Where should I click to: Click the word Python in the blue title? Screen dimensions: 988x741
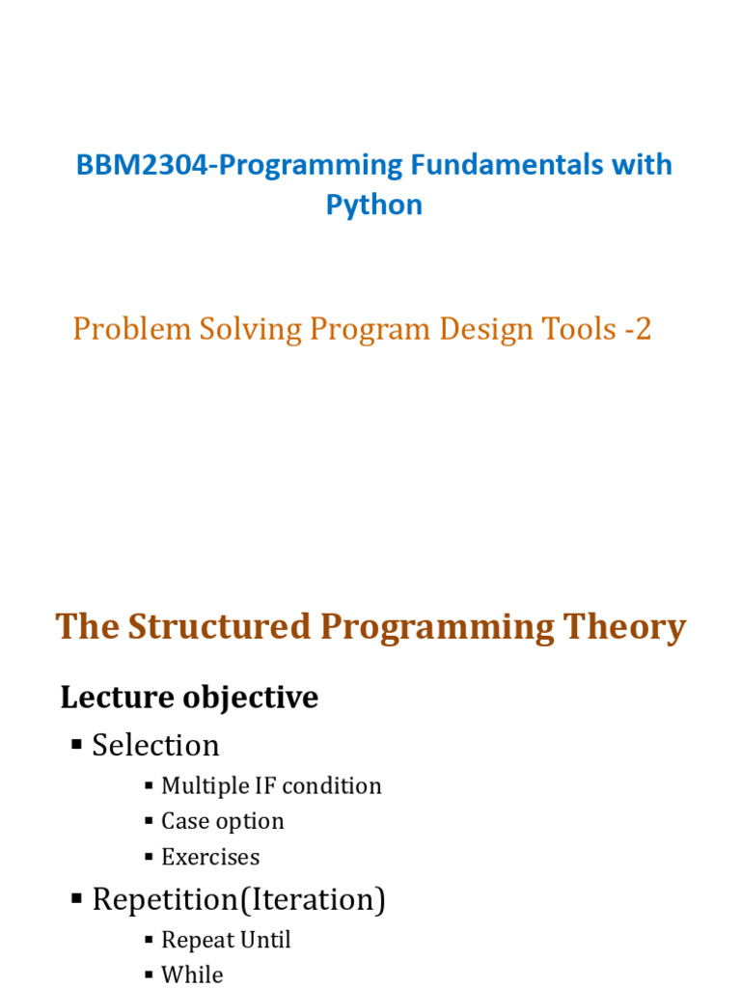tap(373, 205)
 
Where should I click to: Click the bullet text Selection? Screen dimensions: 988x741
tap(155, 746)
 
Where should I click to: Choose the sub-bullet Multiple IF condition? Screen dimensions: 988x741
tap(271, 786)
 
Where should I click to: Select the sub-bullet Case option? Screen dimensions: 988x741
tap(222, 822)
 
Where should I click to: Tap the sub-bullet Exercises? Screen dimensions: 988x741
tap(210, 858)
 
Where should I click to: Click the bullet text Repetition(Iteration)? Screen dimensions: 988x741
tap(238, 900)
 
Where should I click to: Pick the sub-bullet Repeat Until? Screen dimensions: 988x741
tap(226, 941)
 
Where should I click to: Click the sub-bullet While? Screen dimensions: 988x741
tap(192, 975)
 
